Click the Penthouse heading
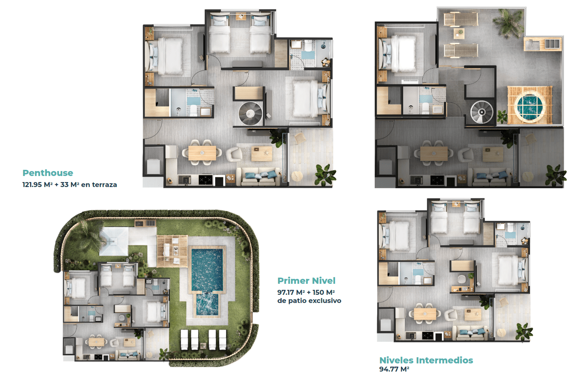[48, 173]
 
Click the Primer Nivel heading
[307, 280]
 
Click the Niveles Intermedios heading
[426, 360]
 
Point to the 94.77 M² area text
[394, 369]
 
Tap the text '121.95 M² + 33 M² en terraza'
[70, 185]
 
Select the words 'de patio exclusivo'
[309, 301]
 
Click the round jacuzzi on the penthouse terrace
[529, 107]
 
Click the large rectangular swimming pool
[207, 269]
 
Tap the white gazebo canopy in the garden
[113, 242]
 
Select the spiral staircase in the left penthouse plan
[250, 114]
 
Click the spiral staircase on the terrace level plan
[481, 112]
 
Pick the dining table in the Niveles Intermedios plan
[425, 314]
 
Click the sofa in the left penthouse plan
[258, 176]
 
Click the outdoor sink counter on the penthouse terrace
[543, 44]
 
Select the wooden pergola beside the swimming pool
[172, 251]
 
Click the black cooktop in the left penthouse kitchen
[205, 180]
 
